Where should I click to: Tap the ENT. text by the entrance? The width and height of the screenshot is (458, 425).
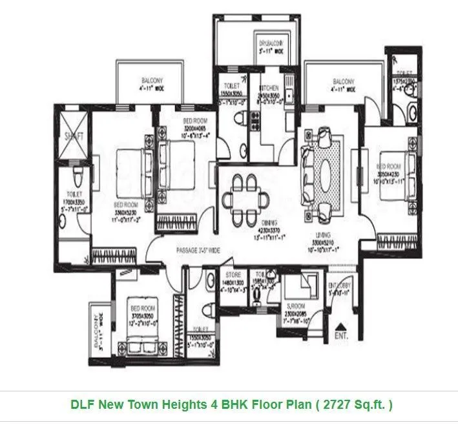coord(341,337)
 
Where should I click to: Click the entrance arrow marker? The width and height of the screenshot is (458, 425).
coord(341,324)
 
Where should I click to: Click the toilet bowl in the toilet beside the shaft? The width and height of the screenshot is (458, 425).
coord(77,176)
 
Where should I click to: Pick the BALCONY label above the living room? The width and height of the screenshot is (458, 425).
coord(344,82)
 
